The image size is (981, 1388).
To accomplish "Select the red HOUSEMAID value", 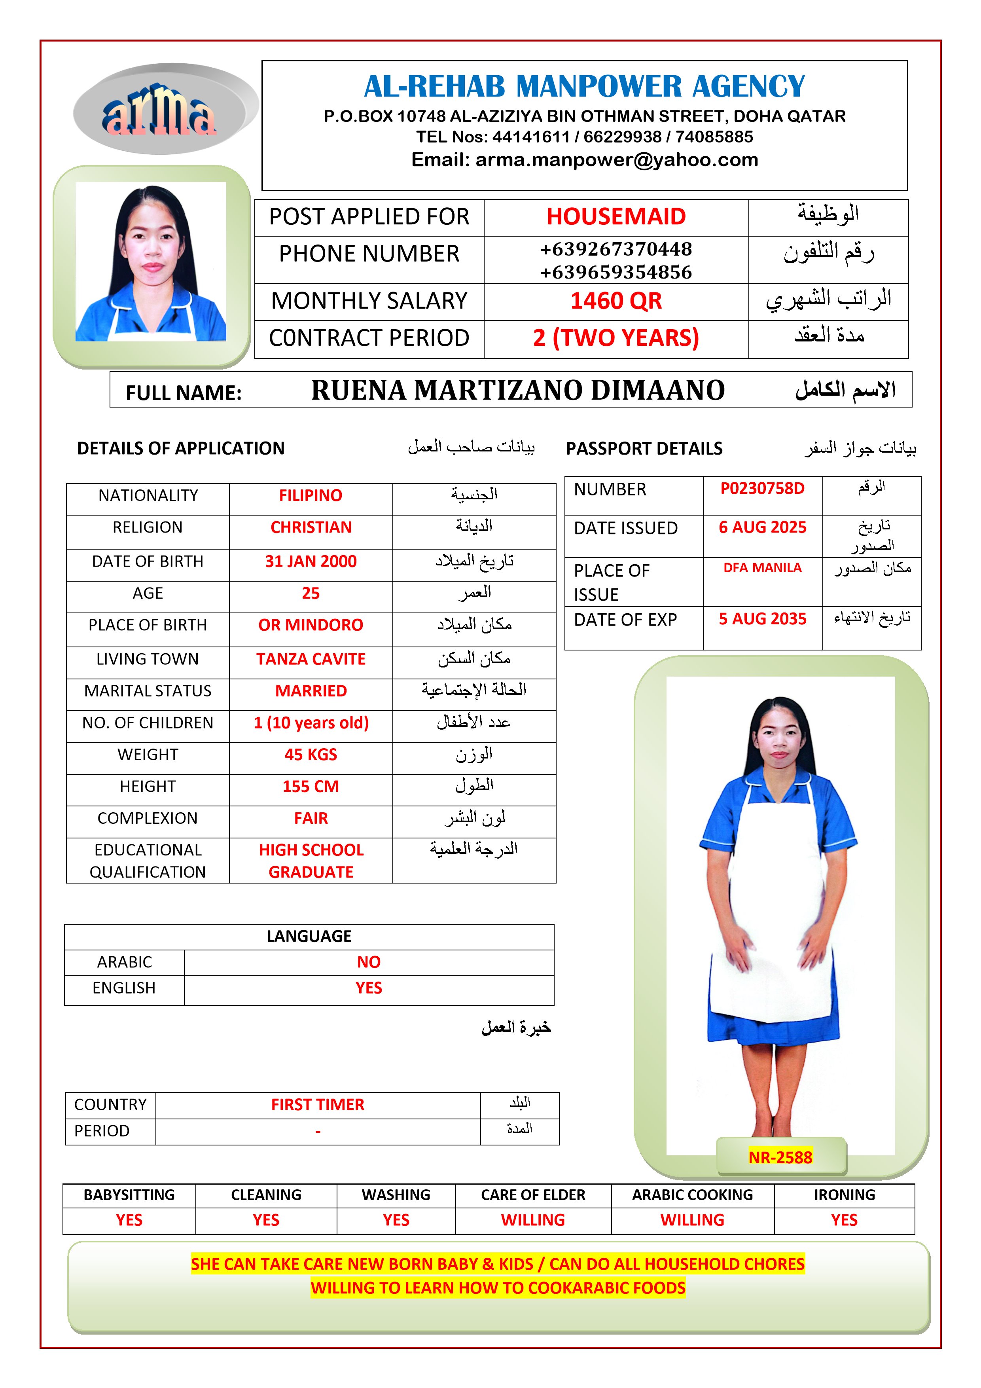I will pos(616,216).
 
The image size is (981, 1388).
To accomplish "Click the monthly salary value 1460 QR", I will pos(616,301).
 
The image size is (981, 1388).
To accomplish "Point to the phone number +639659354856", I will pos(616,272).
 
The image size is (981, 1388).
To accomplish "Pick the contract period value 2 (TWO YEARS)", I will pos(616,338).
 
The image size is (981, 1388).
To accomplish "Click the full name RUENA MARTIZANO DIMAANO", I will pos(518,391).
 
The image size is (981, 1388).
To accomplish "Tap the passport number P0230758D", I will pos(762,489).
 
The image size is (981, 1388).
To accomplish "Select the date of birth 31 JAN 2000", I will pos(311,561).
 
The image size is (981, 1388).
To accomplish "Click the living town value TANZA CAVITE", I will pos(311,659).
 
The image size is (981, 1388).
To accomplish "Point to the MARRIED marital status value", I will pos(311,691).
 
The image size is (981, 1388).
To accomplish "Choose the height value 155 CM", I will pos(311,787).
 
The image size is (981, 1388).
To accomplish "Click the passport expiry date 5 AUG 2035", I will pos(762,619).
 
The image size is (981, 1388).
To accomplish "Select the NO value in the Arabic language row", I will pos(369,962).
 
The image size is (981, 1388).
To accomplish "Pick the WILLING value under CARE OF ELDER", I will pos(532,1220).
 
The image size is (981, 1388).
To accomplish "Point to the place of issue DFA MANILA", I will pos(762,568).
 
